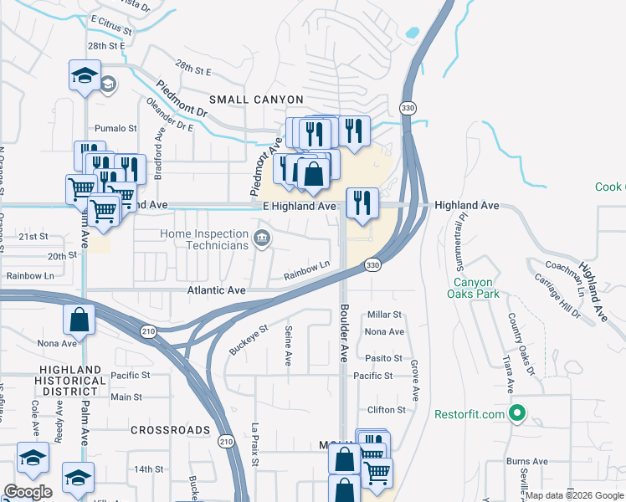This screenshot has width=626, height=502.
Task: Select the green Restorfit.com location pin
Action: click(517, 413)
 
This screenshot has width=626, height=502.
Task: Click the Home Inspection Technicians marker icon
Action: click(262, 239)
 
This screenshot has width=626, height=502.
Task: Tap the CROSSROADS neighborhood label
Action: click(171, 429)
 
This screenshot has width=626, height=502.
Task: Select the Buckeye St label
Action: click(248, 339)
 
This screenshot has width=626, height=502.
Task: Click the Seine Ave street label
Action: click(288, 346)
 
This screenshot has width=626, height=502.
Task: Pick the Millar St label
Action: click(385, 315)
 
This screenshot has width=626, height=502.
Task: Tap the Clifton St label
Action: click(386, 410)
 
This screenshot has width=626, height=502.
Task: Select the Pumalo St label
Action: click(115, 128)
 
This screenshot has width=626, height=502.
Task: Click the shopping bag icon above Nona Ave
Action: click(78, 320)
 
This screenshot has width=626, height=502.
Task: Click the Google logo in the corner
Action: click(28, 492)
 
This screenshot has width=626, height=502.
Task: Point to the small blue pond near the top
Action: click(412, 33)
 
